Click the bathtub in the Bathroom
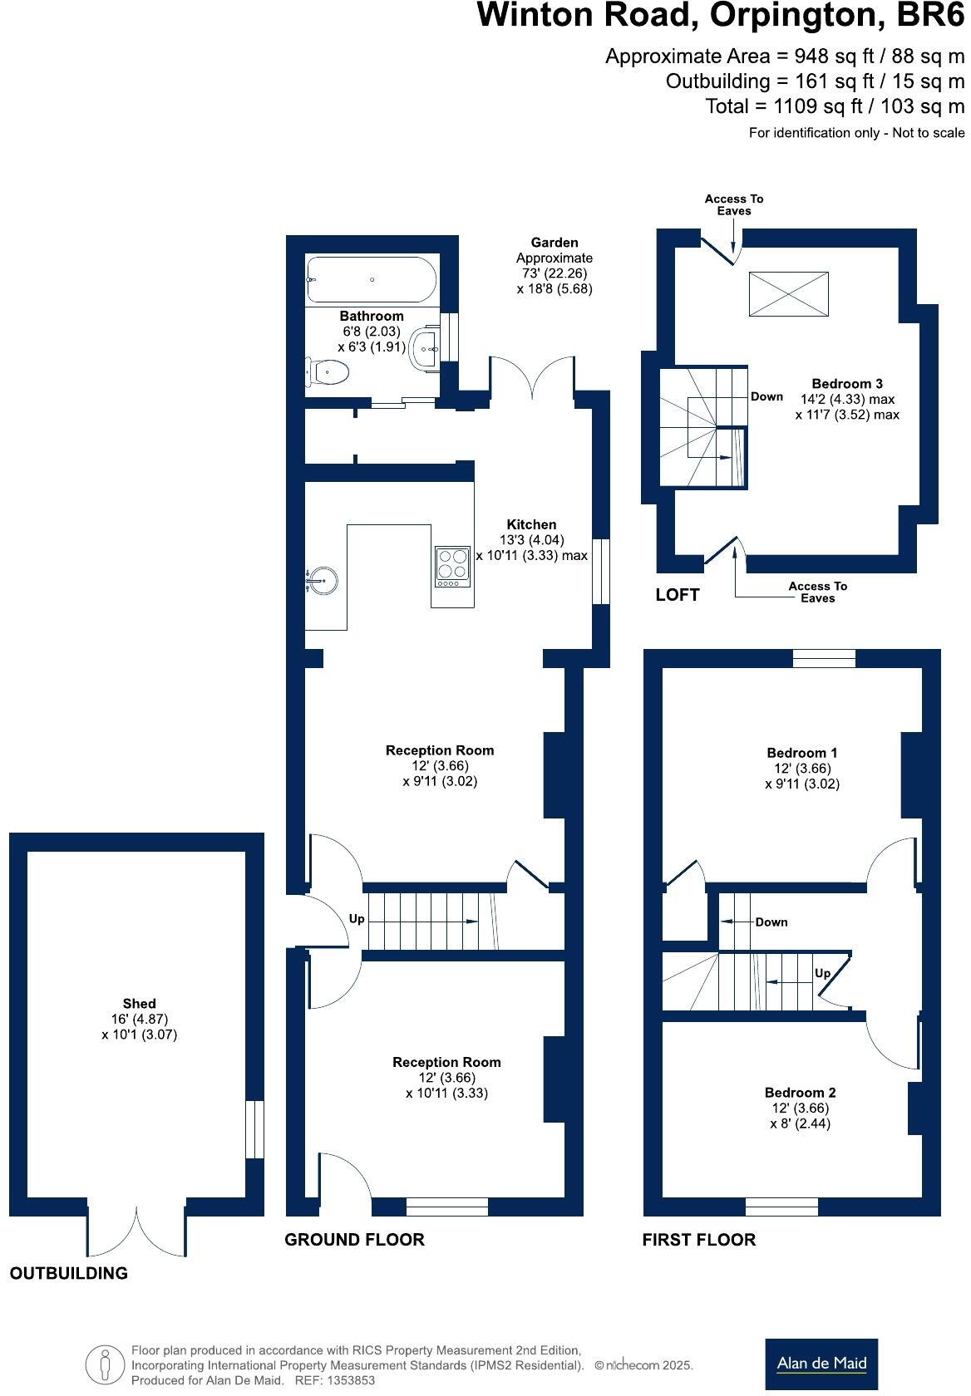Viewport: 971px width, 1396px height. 371,280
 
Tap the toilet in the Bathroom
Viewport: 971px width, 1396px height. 328,371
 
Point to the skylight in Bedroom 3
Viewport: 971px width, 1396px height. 789,293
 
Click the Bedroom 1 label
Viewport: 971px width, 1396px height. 801,753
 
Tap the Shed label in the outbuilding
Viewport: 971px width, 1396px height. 139,1003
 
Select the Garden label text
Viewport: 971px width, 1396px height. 555,243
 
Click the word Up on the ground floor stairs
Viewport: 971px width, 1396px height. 357,919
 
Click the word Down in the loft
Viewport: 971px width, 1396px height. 766,396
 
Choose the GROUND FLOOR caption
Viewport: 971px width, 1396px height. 354,1240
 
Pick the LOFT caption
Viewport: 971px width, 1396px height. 678,595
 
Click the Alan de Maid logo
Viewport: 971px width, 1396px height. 821,1363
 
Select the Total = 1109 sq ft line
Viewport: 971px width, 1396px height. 835,106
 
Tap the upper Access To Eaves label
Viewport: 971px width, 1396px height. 733,204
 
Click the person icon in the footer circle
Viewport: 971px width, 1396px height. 106,1364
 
